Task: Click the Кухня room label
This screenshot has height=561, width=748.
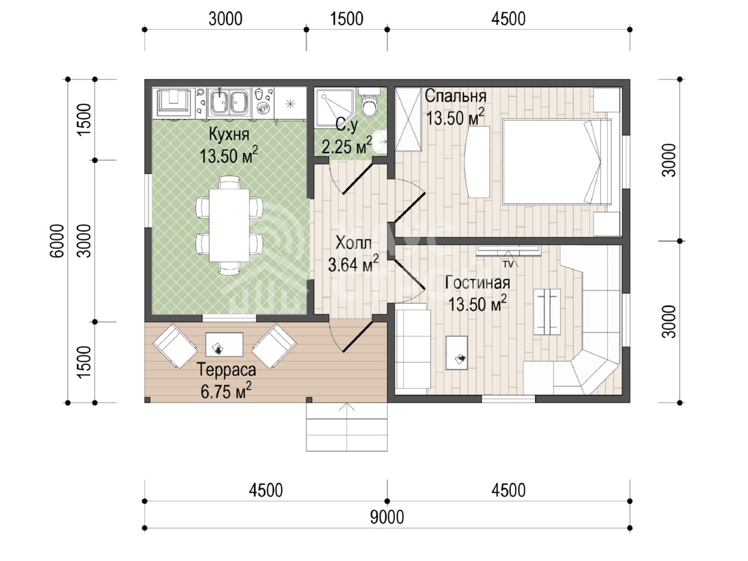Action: [x=228, y=134]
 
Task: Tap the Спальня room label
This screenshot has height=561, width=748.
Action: [x=455, y=96]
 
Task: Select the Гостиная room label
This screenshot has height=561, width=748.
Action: [x=477, y=283]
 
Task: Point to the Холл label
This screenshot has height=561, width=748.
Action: [x=354, y=243]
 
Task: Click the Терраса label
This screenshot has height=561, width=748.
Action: [x=226, y=370]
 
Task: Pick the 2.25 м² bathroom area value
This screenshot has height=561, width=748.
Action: [x=347, y=146]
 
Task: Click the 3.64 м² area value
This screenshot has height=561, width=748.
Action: [x=353, y=264]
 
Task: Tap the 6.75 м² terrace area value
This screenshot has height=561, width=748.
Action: [x=226, y=391]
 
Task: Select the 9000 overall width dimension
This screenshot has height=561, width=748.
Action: [x=387, y=517]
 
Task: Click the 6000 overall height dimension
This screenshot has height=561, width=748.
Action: [x=57, y=241]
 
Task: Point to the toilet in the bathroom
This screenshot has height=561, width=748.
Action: [x=369, y=102]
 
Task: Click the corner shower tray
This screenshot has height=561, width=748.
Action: [x=334, y=108]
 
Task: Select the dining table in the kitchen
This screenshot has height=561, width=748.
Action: [x=229, y=225]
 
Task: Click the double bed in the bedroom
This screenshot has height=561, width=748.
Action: [x=557, y=161]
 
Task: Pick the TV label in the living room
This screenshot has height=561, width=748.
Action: [x=508, y=264]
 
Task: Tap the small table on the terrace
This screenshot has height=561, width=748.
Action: [x=224, y=345]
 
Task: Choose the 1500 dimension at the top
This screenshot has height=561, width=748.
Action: [x=347, y=19]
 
